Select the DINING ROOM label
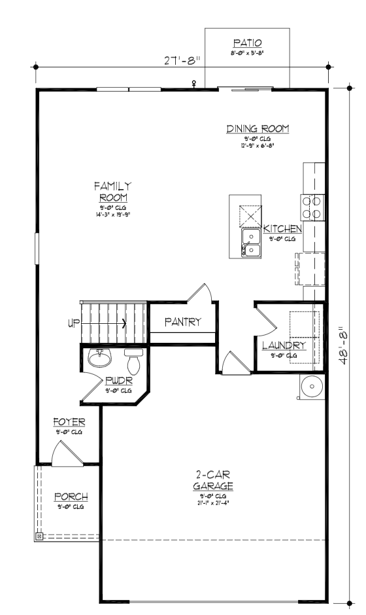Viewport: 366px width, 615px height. point(258,129)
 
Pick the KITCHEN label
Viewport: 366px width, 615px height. point(282,229)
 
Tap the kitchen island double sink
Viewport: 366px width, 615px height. point(251,241)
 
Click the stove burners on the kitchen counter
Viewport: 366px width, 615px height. point(310,207)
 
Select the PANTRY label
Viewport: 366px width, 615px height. point(182,322)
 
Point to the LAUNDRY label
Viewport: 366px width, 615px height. point(284,345)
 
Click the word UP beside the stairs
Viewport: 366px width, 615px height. point(73,323)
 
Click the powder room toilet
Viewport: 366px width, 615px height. point(134,362)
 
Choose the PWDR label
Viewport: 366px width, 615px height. point(119,380)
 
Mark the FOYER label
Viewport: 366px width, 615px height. point(67,423)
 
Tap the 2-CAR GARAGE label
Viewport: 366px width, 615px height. point(214,480)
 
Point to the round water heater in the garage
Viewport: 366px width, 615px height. point(311,387)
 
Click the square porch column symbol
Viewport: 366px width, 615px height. point(39,537)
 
